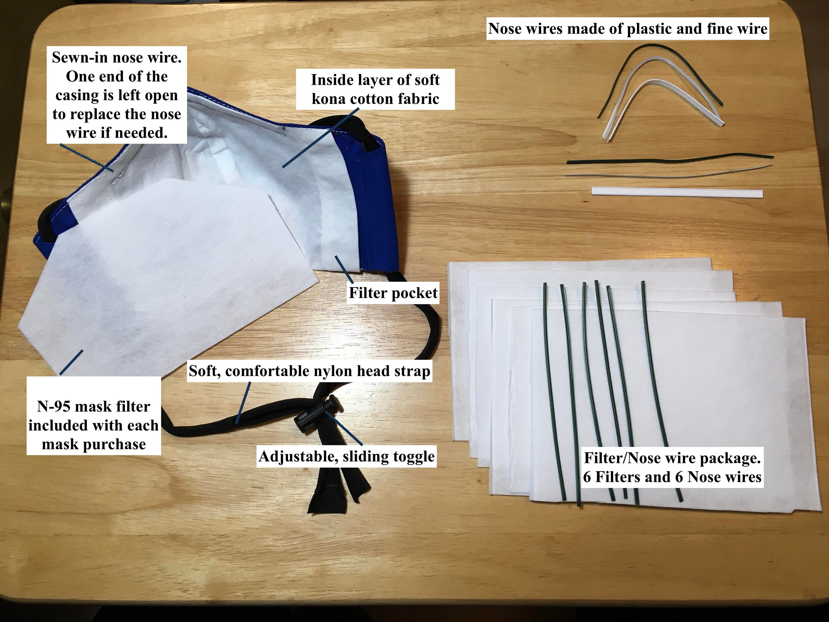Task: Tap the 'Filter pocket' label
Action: pyautogui.click(x=393, y=293)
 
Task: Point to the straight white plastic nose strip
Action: pyautogui.click(x=677, y=192)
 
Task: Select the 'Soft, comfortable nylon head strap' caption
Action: pyautogui.click(x=309, y=371)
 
